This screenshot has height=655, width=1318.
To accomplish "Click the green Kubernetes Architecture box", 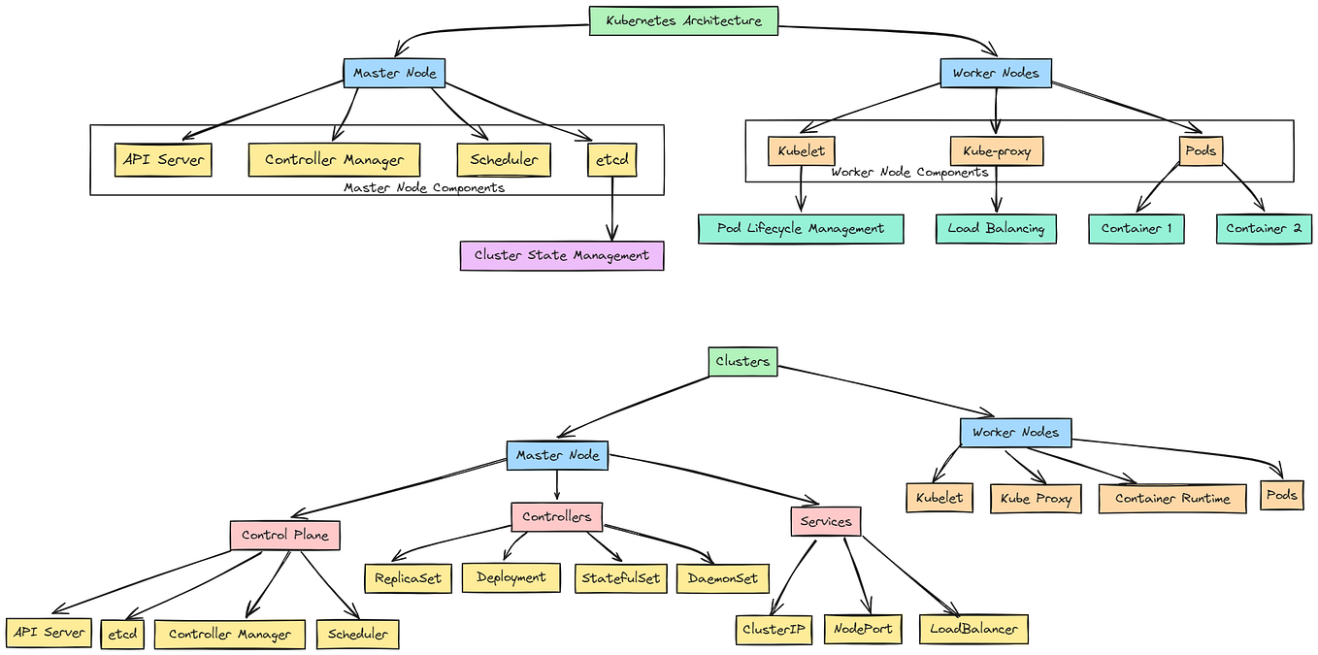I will pyautogui.click(x=683, y=20).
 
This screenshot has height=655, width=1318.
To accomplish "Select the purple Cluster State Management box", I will pyautogui.click(x=562, y=255).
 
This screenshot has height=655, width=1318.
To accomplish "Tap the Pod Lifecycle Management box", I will pyautogui.click(x=801, y=229).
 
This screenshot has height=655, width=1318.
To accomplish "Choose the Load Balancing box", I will pyautogui.click(x=996, y=229).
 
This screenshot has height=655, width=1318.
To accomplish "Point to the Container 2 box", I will pyautogui.click(x=1264, y=229).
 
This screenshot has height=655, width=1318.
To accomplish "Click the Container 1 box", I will pyautogui.click(x=1136, y=229).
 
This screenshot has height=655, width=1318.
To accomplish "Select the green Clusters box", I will pyautogui.click(x=742, y=361).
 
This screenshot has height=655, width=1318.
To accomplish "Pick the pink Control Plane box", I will pyautogui.click(x=284, y=535).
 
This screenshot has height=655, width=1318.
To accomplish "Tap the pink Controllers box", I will pyautogui.click(x=556, y=516).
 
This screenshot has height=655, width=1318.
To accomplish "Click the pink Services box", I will pyautogui.click(x=826, y=521).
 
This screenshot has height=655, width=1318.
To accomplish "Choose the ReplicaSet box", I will pyautogui.click(x=408, y=578).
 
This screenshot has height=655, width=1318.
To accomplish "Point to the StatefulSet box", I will pyautogui.click(x=620, y=578).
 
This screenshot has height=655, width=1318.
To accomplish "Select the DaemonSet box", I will pyautogui.click(x=723, y=578).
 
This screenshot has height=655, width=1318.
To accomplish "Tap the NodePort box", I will pyautogui.click(x=863, y=628).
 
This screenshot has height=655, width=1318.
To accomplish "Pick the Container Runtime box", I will pyautogui.click(x=1172, y=498).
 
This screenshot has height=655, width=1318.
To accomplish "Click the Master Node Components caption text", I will pyautogui.click(x=424, y=187).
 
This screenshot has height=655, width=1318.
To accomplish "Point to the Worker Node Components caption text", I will pyautogui.click(x=909, y=172).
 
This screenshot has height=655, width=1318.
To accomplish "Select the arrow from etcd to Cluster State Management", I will pyautogui.click(x=611, y=209).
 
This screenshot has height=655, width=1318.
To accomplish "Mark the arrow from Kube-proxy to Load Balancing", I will pyautogui.click(x=996, y=189).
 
